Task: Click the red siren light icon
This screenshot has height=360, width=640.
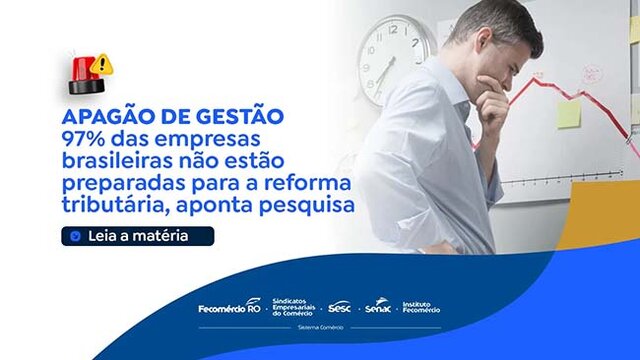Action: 84,72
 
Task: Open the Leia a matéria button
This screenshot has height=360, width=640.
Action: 124,237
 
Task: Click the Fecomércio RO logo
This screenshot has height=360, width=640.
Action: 229,306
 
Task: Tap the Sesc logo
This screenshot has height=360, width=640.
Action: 340,306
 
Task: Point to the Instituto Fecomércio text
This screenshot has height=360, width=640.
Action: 420,306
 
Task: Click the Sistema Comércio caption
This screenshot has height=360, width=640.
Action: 320,327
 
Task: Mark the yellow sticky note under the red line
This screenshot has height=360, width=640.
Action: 569,114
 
